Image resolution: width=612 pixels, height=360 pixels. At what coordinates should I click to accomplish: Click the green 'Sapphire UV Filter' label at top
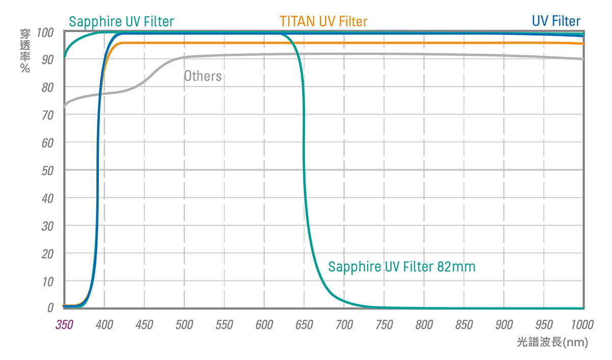(121, 22)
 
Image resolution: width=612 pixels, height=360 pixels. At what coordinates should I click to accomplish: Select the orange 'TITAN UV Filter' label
(323, 21)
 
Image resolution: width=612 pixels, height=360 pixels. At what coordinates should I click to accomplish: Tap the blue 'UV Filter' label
(556, 21)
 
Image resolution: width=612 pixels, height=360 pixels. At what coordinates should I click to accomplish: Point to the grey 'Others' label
(202, 76)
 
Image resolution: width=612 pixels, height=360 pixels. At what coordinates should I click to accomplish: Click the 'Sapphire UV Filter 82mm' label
(401, 267)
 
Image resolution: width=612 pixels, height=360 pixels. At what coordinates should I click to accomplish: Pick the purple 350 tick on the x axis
(65, 325)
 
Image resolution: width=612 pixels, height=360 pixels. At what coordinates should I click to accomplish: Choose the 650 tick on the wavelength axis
(304, 325)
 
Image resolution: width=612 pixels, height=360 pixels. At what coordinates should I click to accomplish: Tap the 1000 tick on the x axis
(582, 325)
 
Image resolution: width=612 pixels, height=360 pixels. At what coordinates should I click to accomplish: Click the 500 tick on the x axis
(184, 325)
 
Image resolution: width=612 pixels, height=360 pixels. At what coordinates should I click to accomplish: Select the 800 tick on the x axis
(424, 325)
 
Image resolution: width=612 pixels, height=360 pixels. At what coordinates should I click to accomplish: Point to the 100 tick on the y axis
(45, 33)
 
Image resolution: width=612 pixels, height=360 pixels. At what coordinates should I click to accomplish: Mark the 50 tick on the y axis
(48, 170)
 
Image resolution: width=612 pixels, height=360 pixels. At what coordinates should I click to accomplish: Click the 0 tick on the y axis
(50, 307)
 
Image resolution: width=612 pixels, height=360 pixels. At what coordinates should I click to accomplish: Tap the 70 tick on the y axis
(48, 115)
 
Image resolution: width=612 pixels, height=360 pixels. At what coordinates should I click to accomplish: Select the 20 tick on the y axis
(48, 253)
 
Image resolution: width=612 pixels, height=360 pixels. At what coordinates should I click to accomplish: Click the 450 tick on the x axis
(144, 325)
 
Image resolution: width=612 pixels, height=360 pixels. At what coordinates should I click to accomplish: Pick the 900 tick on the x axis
(504, 325)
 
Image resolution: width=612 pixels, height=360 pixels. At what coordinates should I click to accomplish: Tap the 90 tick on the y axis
(48, 60)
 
